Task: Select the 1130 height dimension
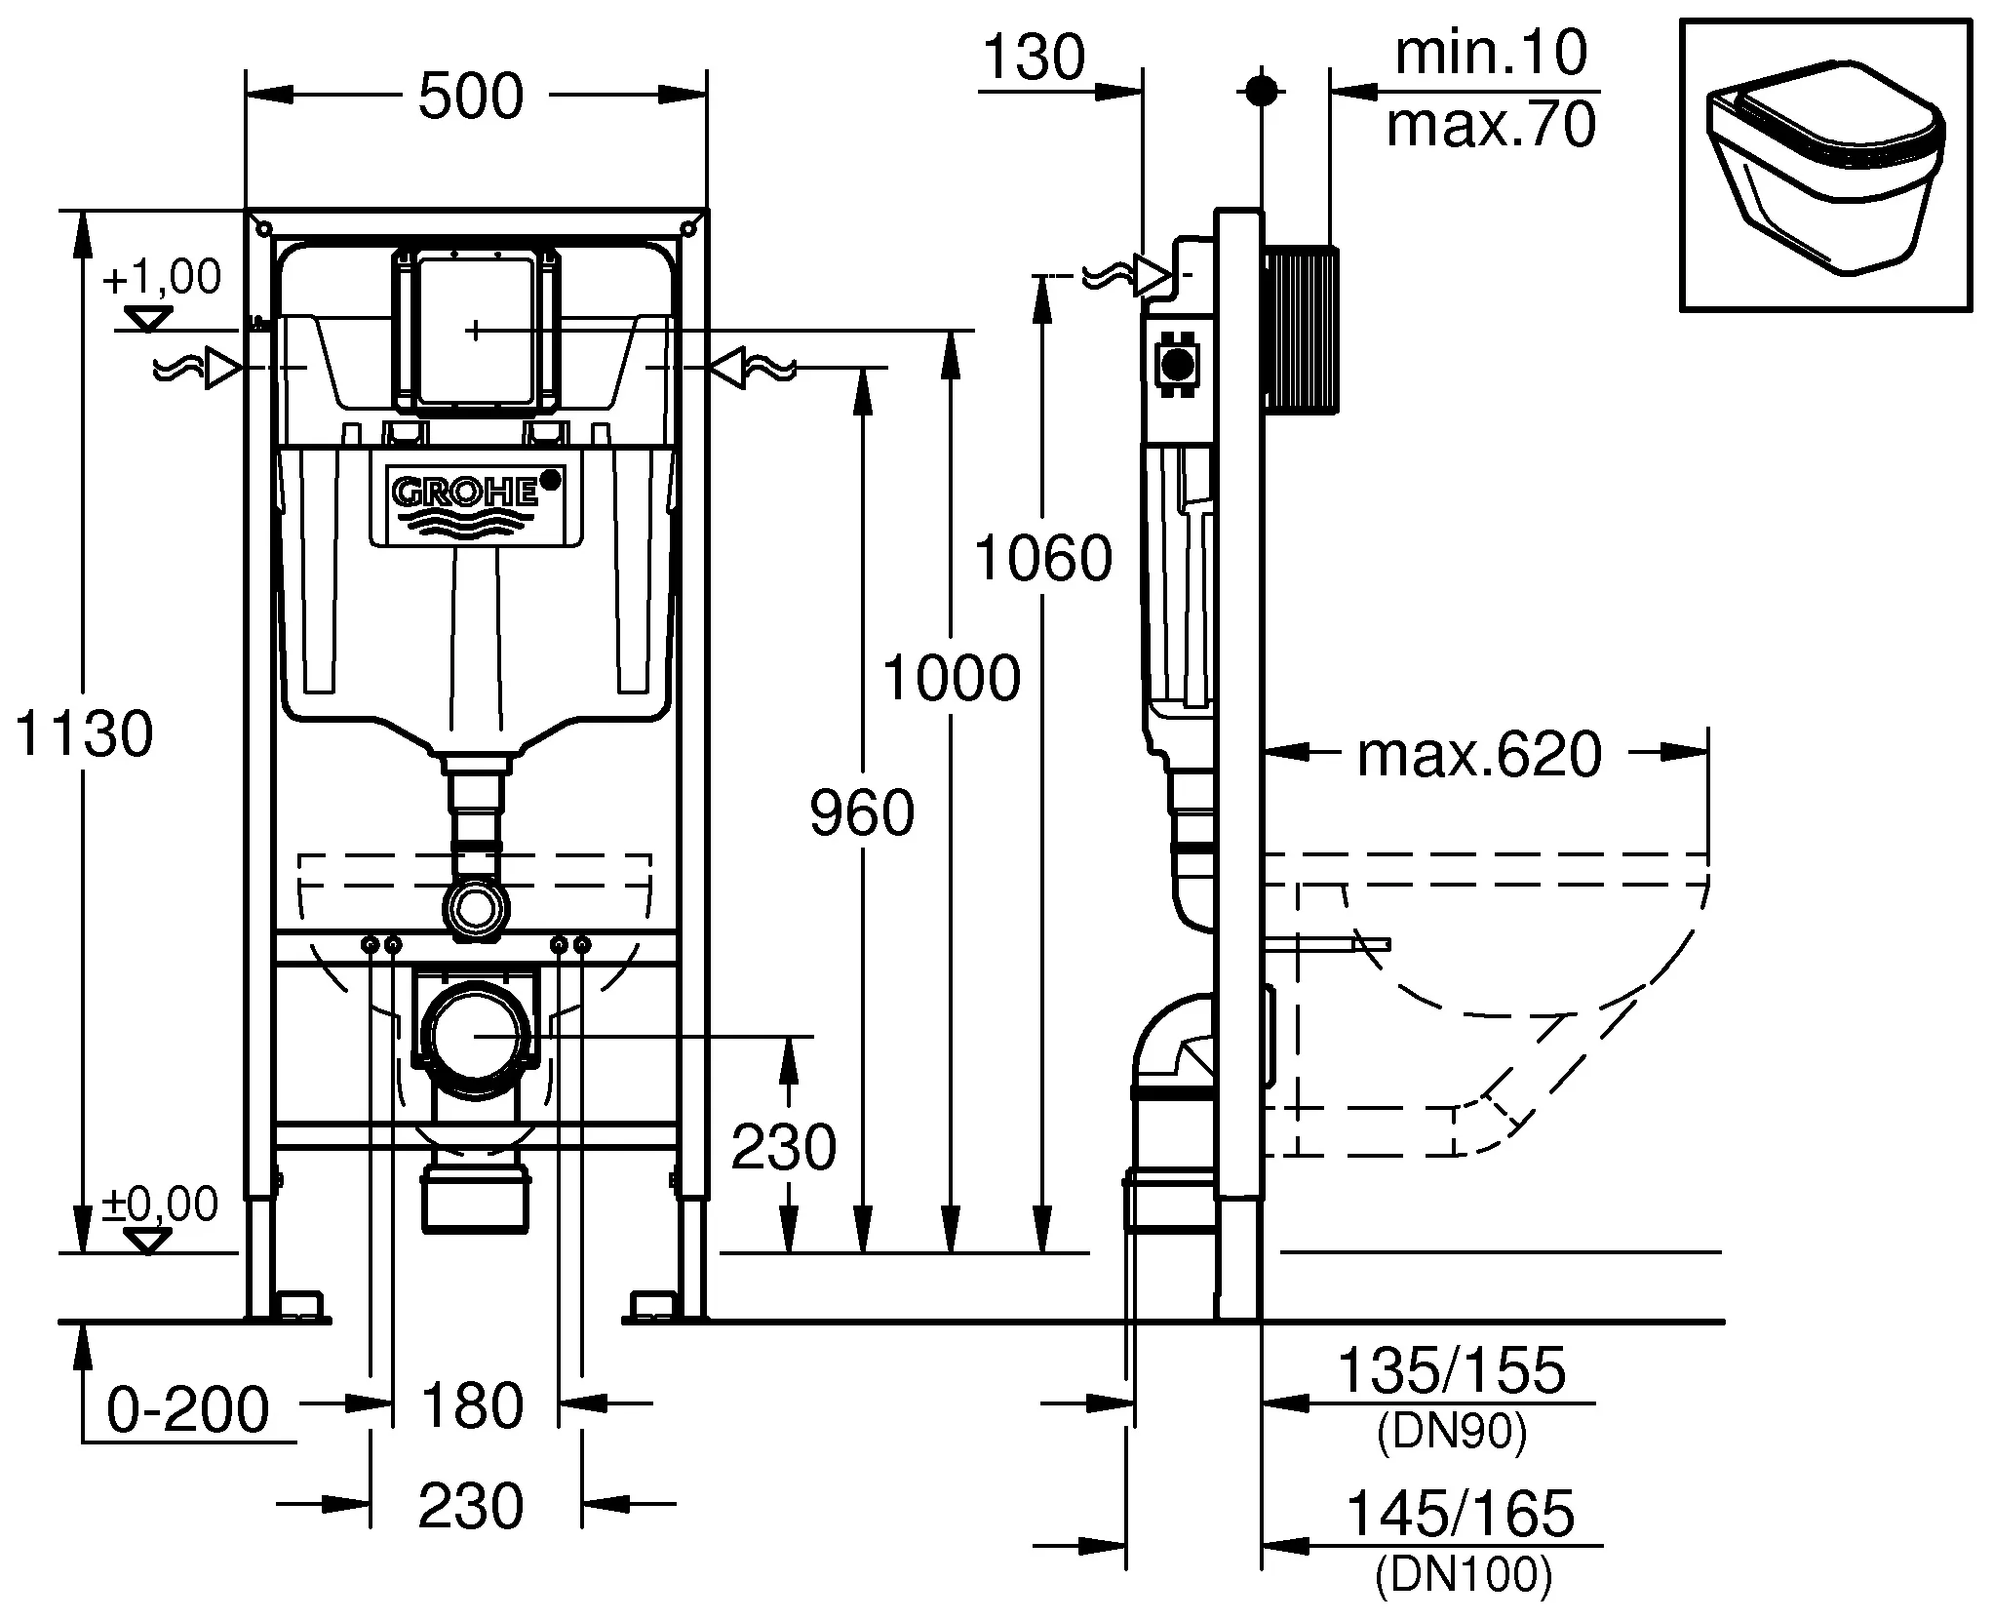[x=85, y=733]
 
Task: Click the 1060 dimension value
[x=1043, y=558]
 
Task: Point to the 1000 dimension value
[x=952, y=678]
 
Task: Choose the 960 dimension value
[x=862, y=812]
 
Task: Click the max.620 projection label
[x=1480, y=754]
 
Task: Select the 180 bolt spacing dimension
[x=472, y=1405]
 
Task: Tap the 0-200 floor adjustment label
[x=187, y=1408]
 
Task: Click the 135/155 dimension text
[x=1452, y=1369]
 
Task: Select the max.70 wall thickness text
[x=1492, y=125]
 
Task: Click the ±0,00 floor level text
[x=160, y=1205]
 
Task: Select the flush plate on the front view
[x=475, y=330]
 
